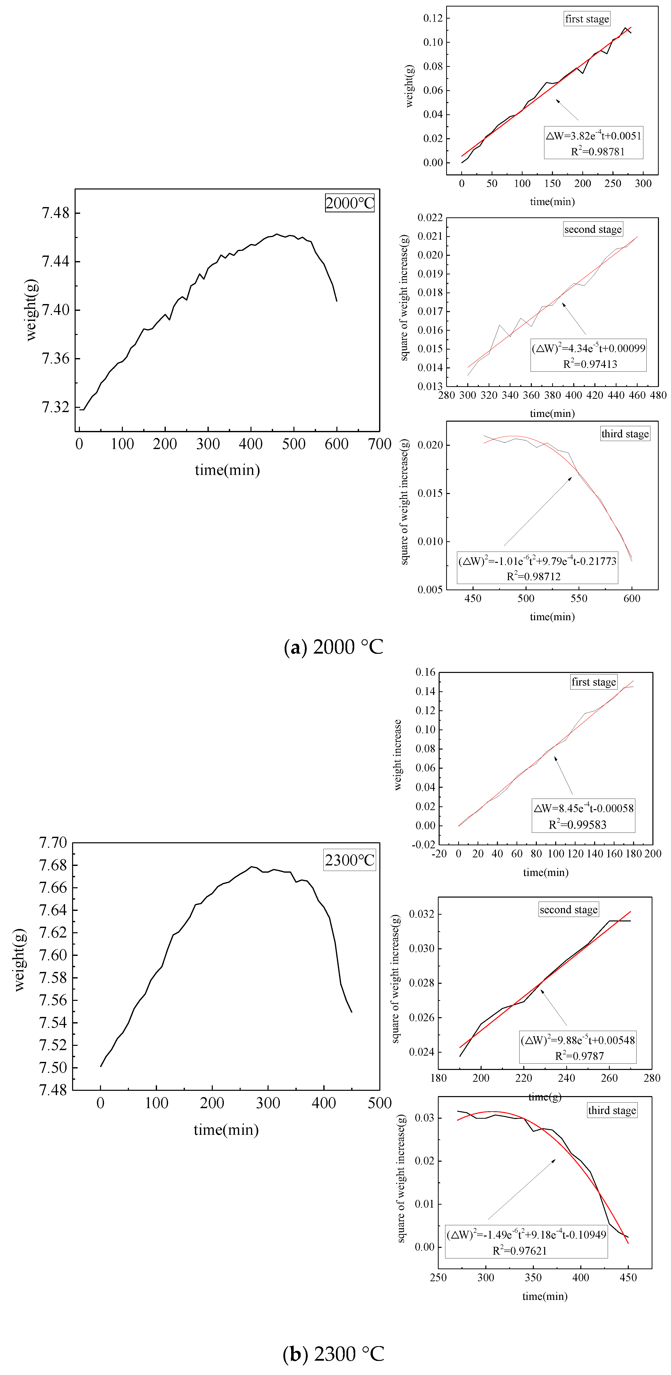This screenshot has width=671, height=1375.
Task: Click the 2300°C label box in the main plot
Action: tap(350, 860)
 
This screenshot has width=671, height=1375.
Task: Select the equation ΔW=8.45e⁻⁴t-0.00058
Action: tap(584, 808)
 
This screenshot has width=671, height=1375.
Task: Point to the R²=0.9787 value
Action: tap(579, 1056)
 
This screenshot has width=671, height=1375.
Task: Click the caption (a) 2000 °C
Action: tap(334, 647)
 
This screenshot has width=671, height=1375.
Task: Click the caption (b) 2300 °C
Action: tap(334, 1354)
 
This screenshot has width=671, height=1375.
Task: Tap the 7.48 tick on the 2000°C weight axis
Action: tap(56, 213)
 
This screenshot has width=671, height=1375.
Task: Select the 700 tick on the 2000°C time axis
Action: tap(380, 444)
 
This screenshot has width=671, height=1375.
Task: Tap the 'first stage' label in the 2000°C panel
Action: tap(587, 19)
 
